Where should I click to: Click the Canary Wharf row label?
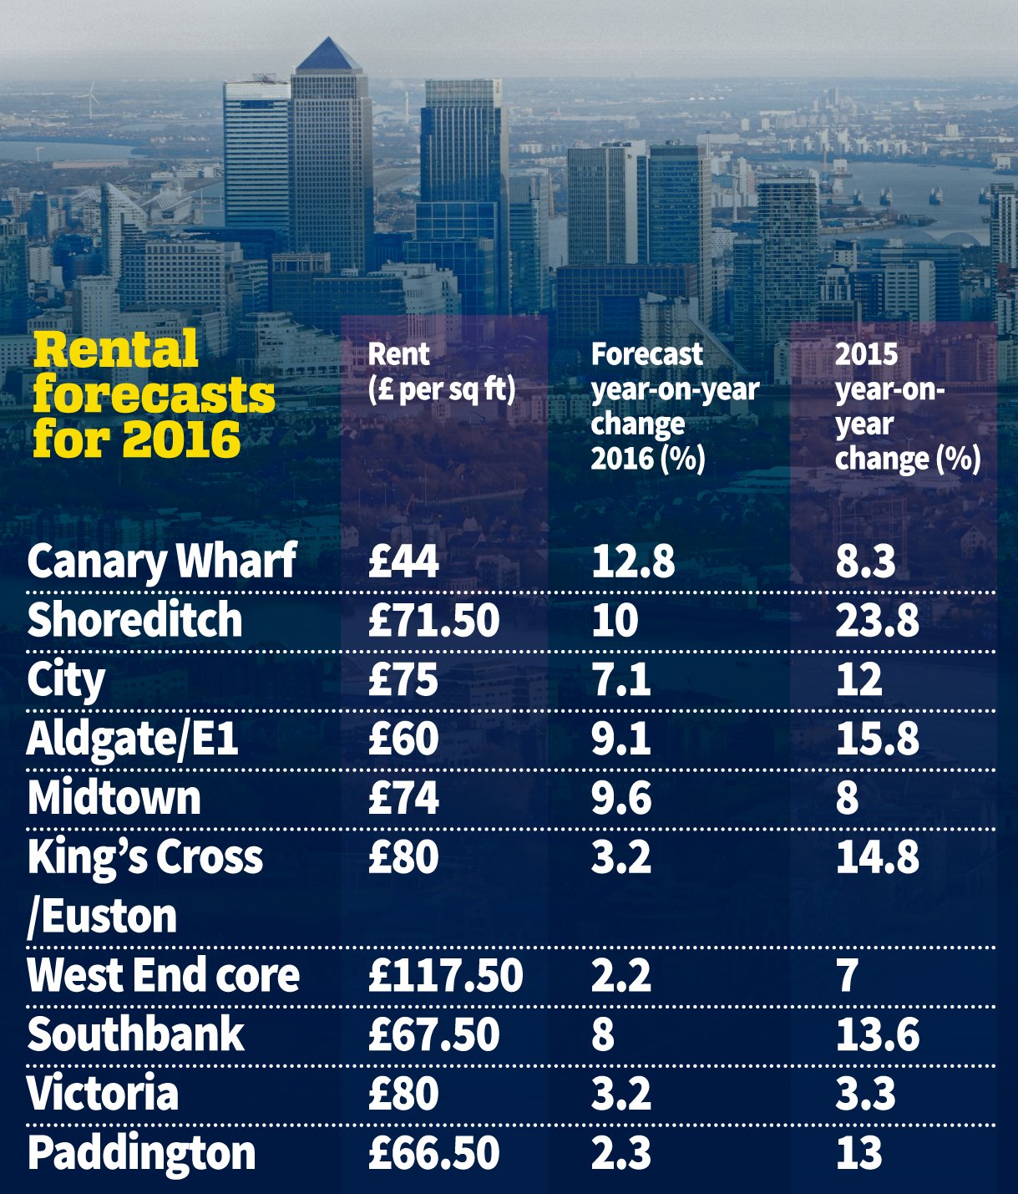point(161,561)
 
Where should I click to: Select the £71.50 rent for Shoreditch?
point(433,620)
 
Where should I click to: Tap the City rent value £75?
point(403,679)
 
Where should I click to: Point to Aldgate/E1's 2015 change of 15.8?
point(877,739)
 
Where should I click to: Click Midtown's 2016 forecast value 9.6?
point(620,798)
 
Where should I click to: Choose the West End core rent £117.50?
point(445,975)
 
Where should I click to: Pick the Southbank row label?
point(135,1034)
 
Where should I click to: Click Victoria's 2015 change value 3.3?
point(865,1094)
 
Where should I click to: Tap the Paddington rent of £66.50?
point(433,1153)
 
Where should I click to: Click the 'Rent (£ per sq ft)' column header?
point(442,372)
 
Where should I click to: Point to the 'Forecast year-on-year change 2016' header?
point(675,406)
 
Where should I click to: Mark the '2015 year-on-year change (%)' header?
point(907,406)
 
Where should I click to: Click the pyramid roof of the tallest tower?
point(329,56)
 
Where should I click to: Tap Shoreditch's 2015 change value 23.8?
point(877,620)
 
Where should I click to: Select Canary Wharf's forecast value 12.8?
point(632,561)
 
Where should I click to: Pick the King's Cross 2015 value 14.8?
point(877,857)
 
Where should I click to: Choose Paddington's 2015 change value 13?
point(858,1153)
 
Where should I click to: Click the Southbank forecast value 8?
point(602,1034)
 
